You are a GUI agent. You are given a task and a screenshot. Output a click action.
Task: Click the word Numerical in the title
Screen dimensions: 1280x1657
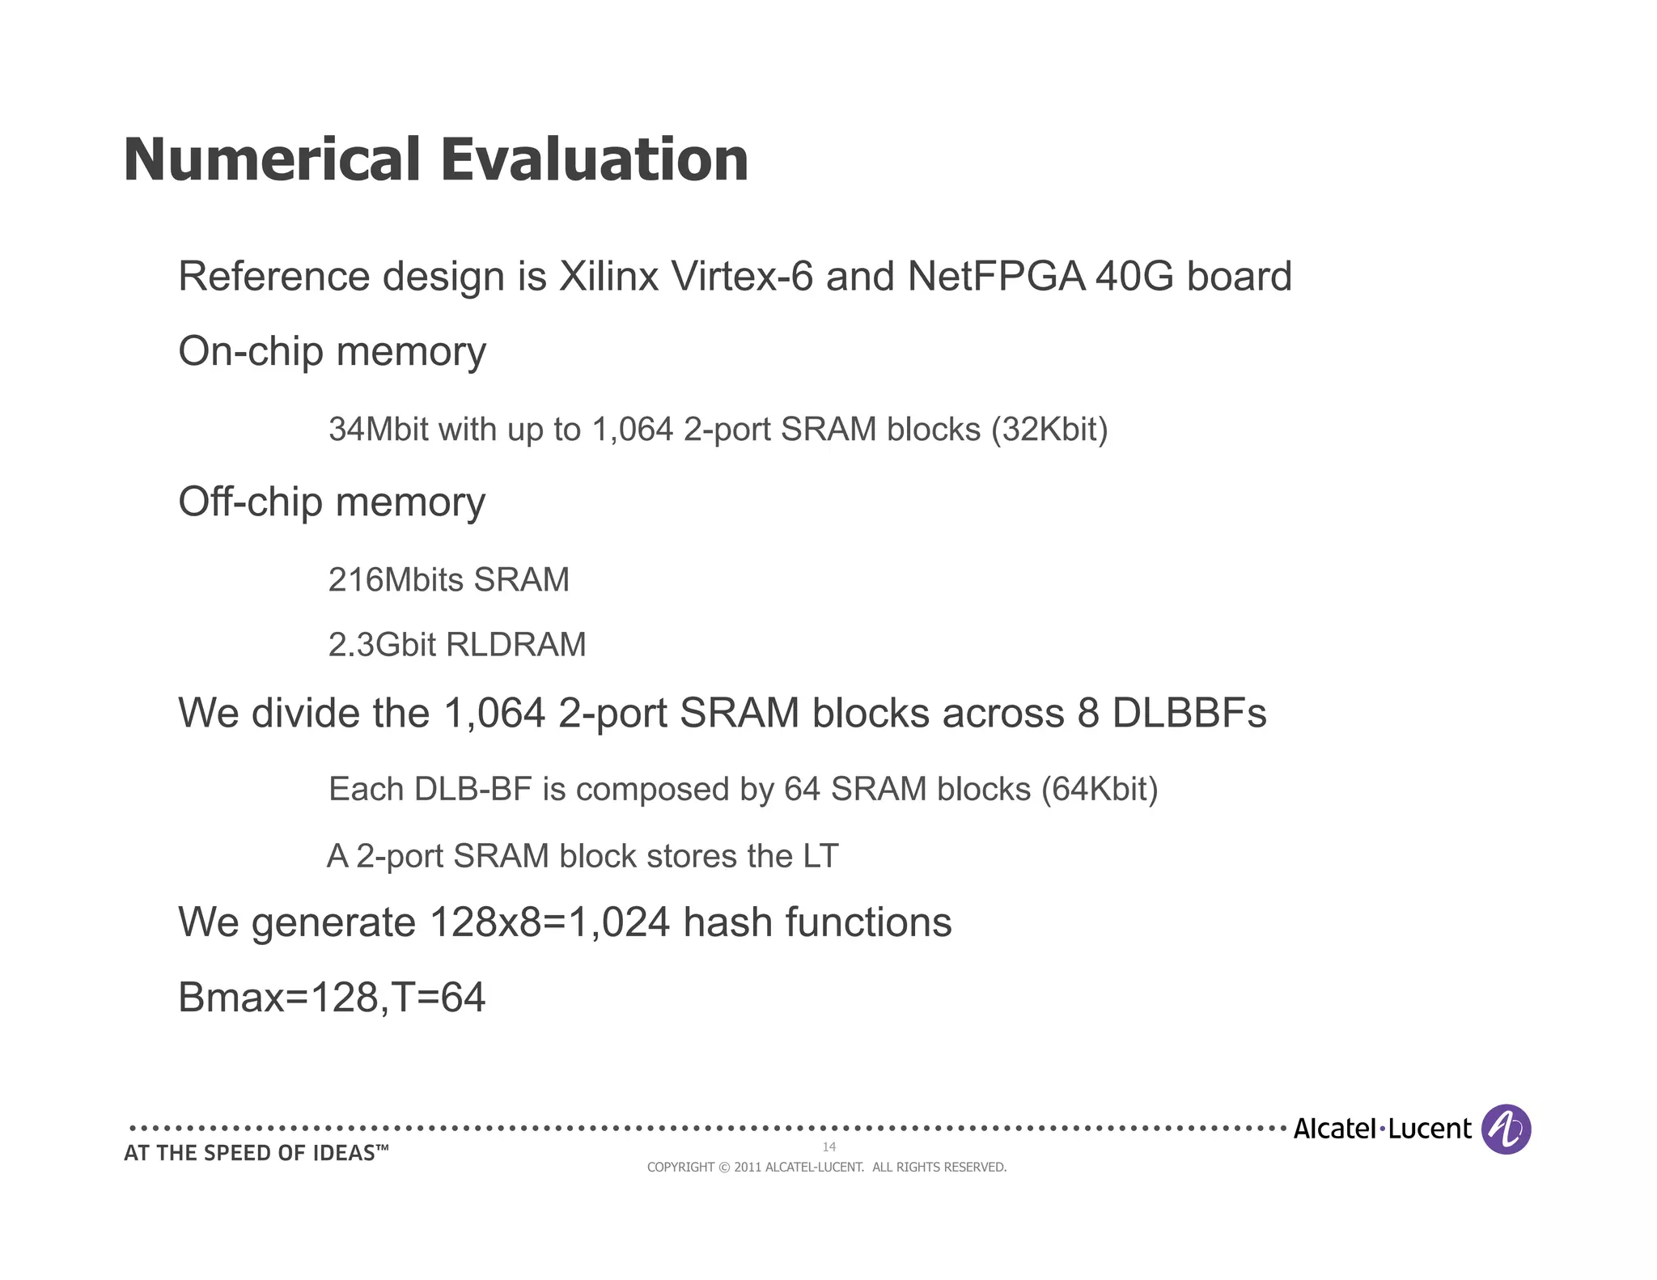tap(271, 159)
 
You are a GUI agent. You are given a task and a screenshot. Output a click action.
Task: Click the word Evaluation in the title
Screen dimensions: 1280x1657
tap(594, 159)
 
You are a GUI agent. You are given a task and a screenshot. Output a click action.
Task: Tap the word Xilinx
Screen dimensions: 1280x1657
tap(608, 277)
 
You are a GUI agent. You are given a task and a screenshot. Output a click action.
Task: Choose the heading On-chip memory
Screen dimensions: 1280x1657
tap(332, 352)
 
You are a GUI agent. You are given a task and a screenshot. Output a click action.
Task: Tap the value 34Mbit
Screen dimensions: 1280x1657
tap(378, 430)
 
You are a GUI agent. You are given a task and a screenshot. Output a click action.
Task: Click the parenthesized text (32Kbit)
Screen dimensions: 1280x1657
tap(1049, 430)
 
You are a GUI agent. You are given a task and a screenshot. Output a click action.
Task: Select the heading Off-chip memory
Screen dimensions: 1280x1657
tap(332, 502)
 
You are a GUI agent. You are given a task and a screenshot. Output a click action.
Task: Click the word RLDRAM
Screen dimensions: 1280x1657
tap(515, 646)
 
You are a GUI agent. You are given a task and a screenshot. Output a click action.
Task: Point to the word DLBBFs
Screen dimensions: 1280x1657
tap(1189, 714)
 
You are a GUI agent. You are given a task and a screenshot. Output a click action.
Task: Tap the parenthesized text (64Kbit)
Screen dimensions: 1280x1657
tap(1099, 790)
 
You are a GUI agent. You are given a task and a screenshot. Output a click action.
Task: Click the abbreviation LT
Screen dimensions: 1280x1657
tap(820, 857)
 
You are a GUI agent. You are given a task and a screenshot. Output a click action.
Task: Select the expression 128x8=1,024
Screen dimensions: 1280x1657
tap(550, 923)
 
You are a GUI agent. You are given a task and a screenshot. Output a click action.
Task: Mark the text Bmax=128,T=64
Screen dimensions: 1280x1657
tap(332, 998)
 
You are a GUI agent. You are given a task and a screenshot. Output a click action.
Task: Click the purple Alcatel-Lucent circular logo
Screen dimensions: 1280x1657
tap(1506, 1129)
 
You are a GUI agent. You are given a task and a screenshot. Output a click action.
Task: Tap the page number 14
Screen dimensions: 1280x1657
tap(828, 1146)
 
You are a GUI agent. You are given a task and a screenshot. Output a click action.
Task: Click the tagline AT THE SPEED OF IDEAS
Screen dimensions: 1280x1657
tap(256, 1154)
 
